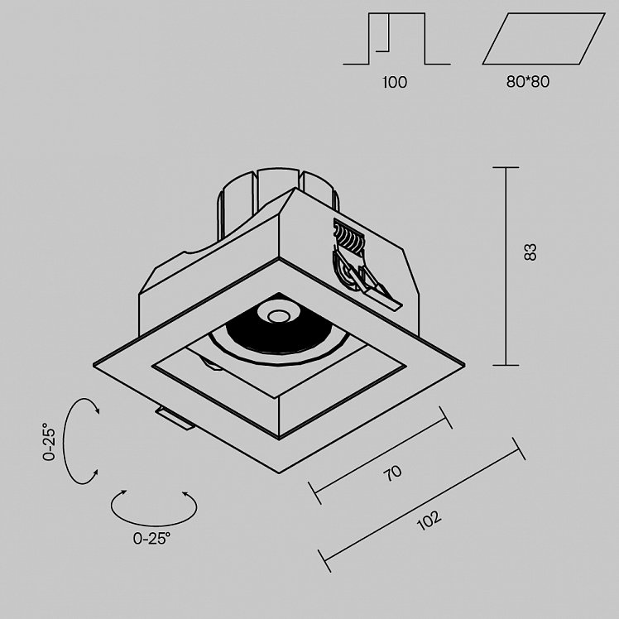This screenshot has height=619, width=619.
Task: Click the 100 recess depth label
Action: click(x=395, y=82)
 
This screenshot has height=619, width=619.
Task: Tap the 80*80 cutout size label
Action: click(x=528, y=82)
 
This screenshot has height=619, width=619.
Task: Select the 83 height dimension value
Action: click(x=530, y=252)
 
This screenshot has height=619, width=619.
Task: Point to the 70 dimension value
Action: click(x=393, y=473)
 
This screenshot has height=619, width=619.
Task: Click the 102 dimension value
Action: click(x=429, y=521)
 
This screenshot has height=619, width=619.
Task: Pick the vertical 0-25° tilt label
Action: click(x=50, y=441)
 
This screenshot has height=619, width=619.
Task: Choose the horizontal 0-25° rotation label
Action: click(x=152, y=538)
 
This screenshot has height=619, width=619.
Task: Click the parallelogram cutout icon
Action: click(x=544, y=38)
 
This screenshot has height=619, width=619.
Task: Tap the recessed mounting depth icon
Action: click(x=396, y=38)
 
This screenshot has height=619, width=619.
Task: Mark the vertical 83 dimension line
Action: click(x=506, y=266)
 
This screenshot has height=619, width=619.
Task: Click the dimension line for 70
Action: click(x=380, y=455)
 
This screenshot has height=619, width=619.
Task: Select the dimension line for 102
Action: click(x=421, y=505)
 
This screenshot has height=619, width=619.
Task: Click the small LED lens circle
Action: click(x=277, y=316)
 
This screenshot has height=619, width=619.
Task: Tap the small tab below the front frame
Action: click(x=175, y=418)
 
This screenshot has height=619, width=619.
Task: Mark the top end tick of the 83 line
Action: click(x=506, y=167)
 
